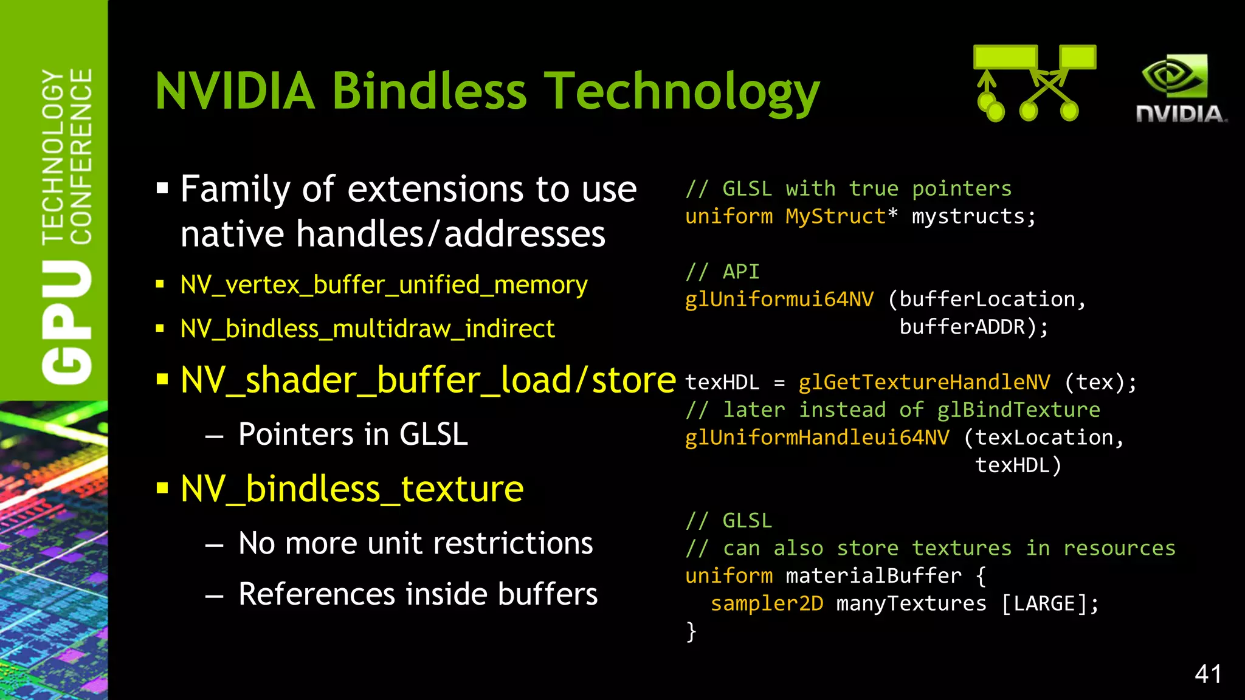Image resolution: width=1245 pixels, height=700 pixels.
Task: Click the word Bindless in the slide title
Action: (429, 91)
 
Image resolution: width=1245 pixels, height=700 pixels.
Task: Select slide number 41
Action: (1208, 674)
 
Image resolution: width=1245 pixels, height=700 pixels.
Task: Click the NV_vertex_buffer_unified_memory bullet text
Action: (384, 284)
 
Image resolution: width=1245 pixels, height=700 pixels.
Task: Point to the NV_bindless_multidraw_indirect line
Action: (367, 329)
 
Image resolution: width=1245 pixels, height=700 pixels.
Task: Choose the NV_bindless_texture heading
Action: (351, 489)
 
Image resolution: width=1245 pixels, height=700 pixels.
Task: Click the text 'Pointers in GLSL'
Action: (353, 434)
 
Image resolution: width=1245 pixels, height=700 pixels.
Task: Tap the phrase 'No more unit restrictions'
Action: (415, 543)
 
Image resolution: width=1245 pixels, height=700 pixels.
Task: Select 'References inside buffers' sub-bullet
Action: (418, 594)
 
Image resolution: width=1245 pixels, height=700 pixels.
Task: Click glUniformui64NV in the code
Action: (779, 300)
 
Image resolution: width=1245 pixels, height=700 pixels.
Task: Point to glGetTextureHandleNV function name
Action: (924, 382)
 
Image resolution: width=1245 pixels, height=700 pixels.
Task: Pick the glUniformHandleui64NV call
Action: (816, 437)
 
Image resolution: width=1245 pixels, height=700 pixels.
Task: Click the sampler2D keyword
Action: (767, 604)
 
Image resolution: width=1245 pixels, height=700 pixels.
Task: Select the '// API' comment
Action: (722, 272)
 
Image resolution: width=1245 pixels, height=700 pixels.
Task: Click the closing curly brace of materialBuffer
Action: (691, 632)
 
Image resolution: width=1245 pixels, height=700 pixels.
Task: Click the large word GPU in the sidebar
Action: (67, 322)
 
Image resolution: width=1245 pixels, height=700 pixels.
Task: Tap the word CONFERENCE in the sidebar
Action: (81, 156)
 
